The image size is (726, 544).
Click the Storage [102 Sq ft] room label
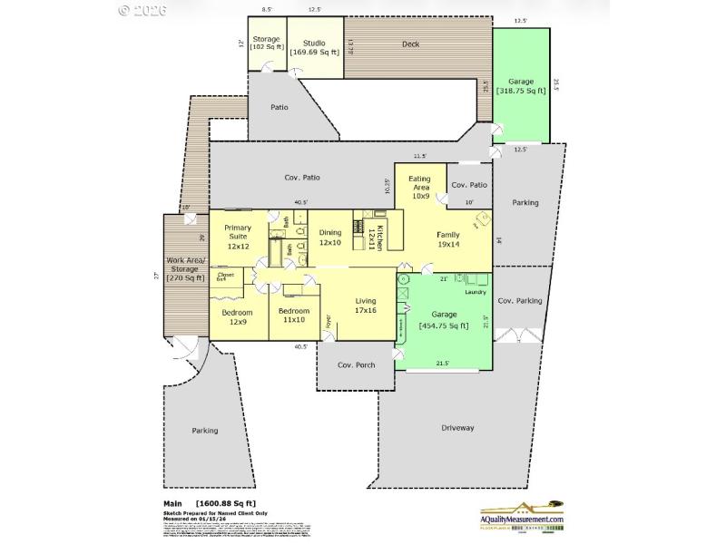point(267,43)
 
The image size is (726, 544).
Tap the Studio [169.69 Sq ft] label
point(315,47)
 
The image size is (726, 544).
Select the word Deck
point(410,44)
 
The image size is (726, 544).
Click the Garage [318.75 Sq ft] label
point(521,87)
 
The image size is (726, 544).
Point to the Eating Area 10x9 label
point(419,187)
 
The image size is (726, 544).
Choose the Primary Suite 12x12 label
point(237,236)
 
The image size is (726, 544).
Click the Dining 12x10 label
point(330,238)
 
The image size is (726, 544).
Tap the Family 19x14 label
point(449,239)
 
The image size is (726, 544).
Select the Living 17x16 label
point(365,306)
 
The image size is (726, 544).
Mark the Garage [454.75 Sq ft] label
point(444,320)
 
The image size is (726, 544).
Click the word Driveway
point(457,427)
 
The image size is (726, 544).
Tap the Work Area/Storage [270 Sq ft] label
point(188,272)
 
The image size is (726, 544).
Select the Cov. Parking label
point(520,300)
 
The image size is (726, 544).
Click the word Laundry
point(476,291)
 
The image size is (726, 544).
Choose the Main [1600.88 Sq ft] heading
point(210,503)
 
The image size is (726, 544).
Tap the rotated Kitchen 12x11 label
point(381,238)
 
